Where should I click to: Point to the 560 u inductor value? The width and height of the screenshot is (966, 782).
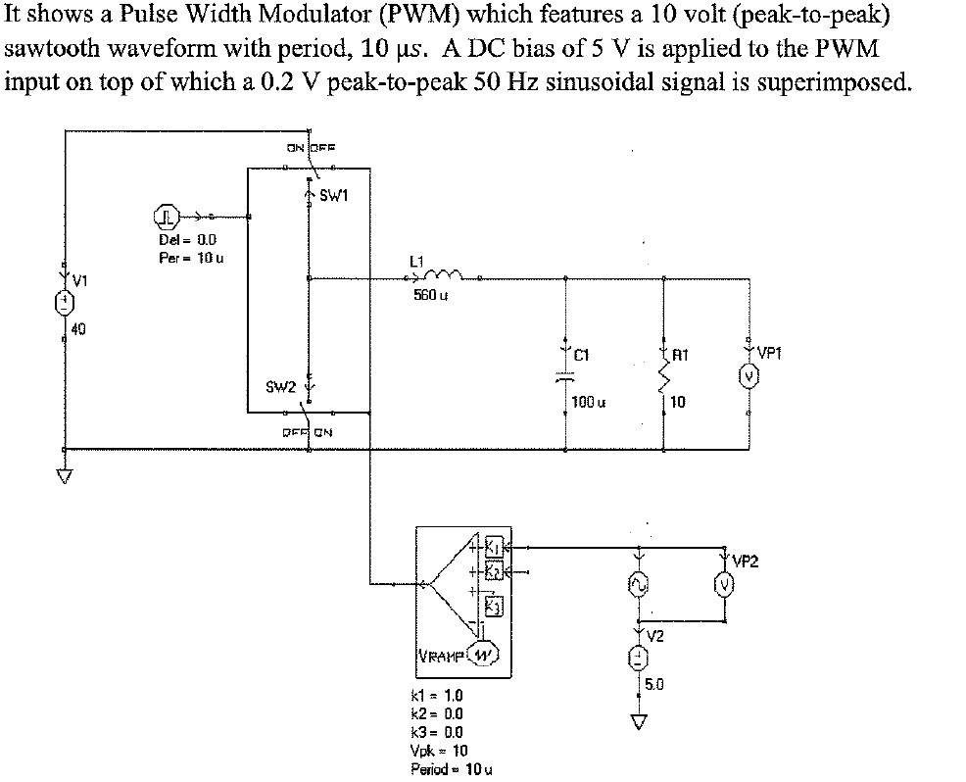point(424,301)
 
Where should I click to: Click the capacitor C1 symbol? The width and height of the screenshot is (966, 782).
point(564,376)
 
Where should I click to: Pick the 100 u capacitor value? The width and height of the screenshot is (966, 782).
point(590,402)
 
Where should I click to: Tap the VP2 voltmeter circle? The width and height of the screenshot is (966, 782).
point(725,586)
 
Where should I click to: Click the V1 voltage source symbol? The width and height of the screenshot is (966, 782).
point(66,302)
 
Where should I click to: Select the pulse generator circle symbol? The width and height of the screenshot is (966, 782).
point(166,216)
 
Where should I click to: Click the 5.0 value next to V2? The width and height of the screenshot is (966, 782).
point(655,685)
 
